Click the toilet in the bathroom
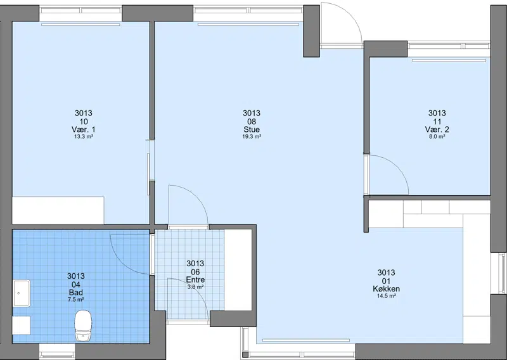coord(83,325)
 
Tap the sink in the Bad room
coord(22,293)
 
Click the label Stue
coord(252,130)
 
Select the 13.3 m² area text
coord(84,137)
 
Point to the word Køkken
coord(386,289)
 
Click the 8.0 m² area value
coord(437,137)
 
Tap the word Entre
coord(195,280)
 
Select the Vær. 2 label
coord(437,130)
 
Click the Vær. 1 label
coord(84,130)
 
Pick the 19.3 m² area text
coord(252,137)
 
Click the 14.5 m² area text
coord(386,296)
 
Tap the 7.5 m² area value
coord(75,300)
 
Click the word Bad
coord(75,293)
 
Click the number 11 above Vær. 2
coord(437,122)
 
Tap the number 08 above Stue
coord(252,122)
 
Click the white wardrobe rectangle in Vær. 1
coord(58,210)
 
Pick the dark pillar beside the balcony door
coord(311,31)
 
